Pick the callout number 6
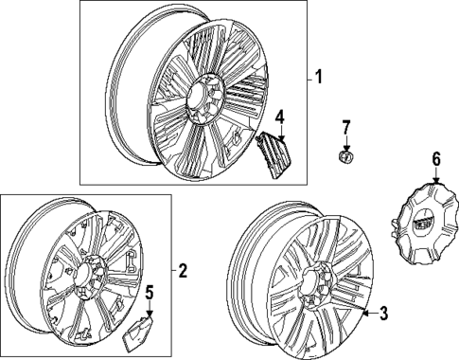pos(436,157)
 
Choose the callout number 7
pos(345,126)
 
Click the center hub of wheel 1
pos(204,95)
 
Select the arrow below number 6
pos(436,177)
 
